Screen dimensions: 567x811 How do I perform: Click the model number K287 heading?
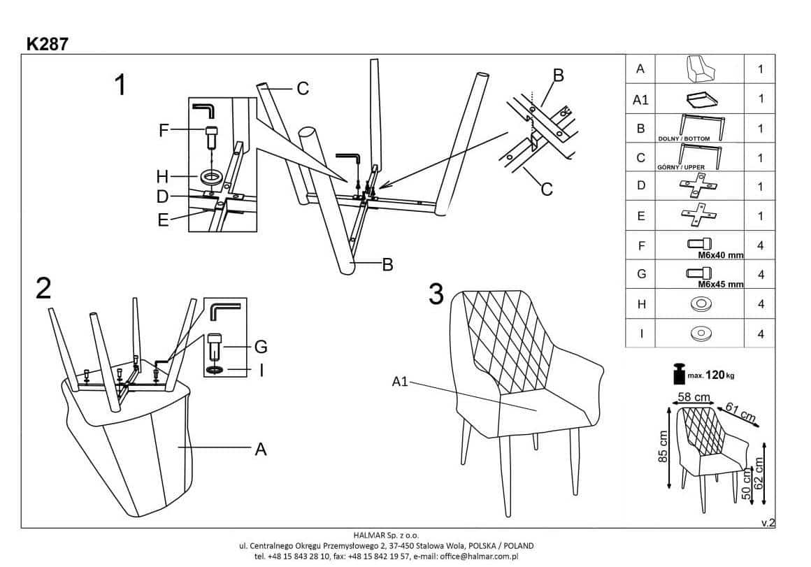pyautogui.click(x=48, y=43)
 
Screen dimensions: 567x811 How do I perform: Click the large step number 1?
pyautogui.click(x=120, y=86)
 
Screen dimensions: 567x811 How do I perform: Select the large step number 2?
pyautogui.click(x=43, y=288)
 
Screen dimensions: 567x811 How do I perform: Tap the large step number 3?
pyautogui.click(x=436, y=294)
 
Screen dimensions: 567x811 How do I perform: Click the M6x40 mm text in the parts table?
pyautogui.click(x=721, y=255)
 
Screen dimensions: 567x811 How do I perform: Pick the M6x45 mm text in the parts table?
pyautogui.click(x=721, y=285)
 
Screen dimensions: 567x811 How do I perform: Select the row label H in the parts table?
pyautogui.click(x=640, y=304)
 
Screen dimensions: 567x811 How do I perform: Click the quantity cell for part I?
pyautogui.click(x=761, y=333)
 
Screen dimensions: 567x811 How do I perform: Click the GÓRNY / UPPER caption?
pyautogui.click(x=681, y=168)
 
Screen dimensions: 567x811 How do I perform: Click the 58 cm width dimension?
pyautogui.click(x=693, y=397)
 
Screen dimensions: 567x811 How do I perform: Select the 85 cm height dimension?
pyautogui.click(x=664, y=445)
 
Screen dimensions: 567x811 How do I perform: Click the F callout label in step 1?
pyautogui.click(x=164, y=130)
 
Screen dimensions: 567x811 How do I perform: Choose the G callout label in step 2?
pyautogui.click(x=261, y=346)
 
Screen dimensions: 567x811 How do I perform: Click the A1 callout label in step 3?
pyautogui.click(x=399, y=382)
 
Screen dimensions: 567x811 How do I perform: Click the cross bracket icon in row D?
pyautogui.click(x=699, y=187)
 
